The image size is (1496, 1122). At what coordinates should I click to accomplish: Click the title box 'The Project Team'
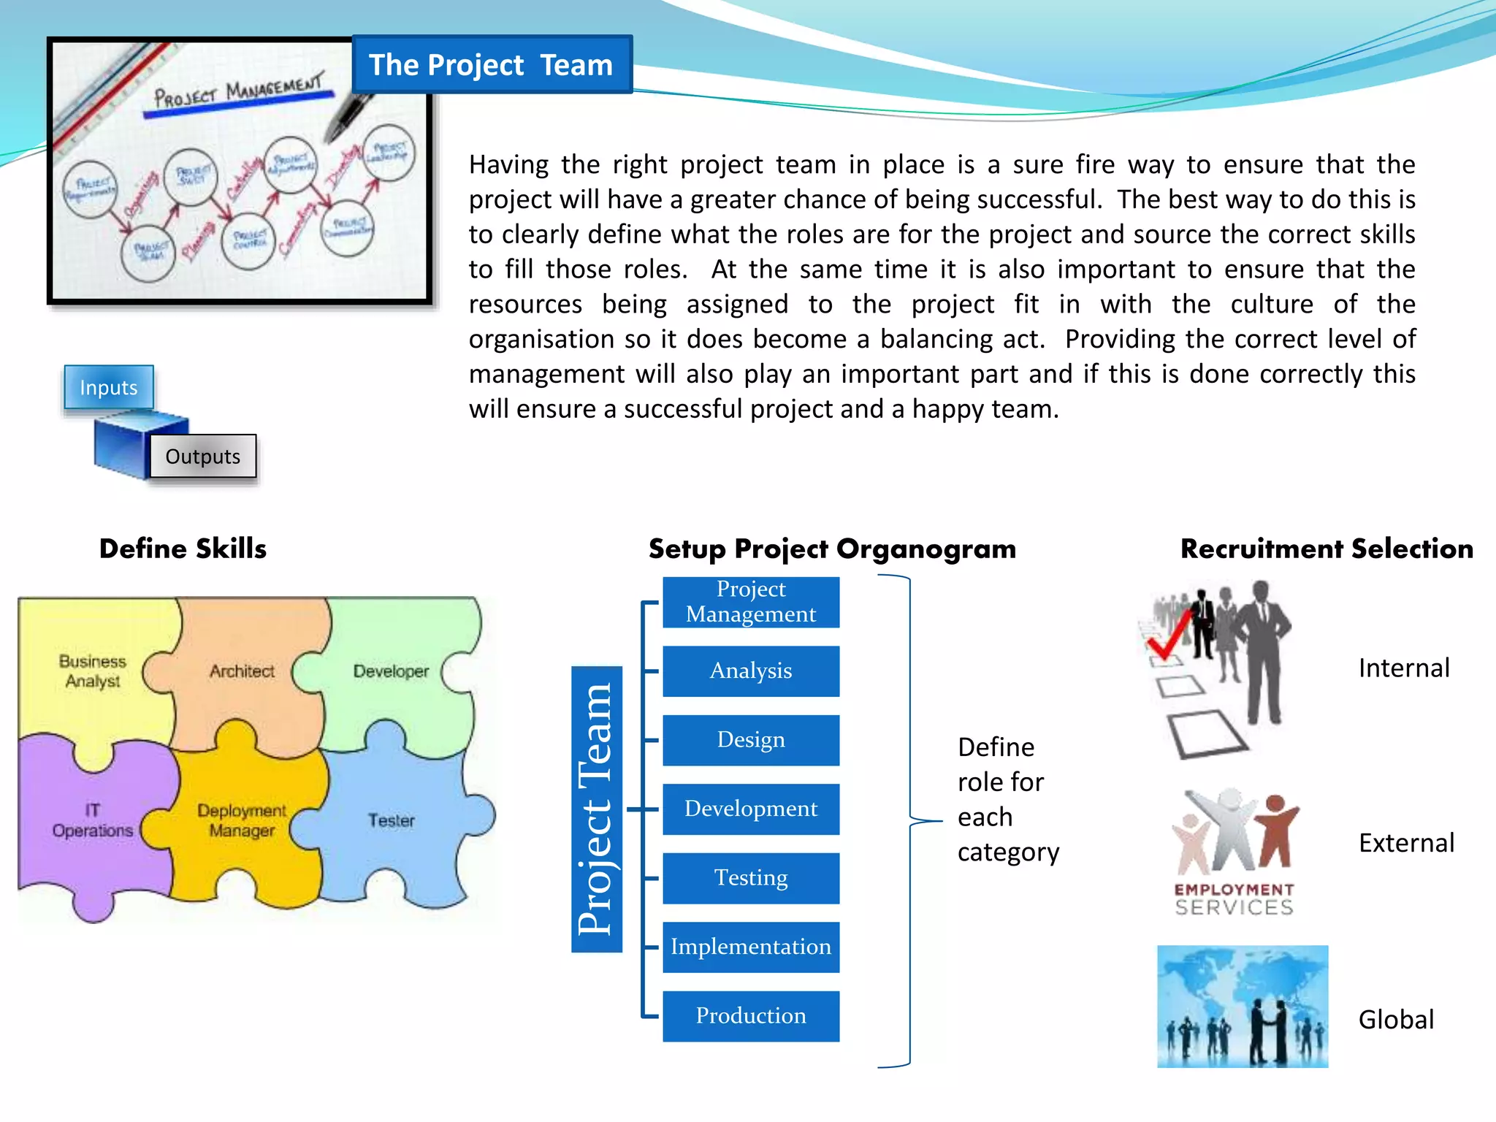(491, 65)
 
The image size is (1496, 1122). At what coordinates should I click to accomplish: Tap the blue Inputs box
(109, 387)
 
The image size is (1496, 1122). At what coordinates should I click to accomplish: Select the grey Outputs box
(203, 457)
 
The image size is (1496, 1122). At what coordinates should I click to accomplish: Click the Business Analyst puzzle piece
(92, 671)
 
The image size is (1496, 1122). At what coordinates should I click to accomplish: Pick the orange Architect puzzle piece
(242, 671)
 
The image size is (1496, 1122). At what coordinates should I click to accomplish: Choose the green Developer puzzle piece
(391, 671)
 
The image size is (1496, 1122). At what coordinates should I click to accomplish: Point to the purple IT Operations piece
(92, 820)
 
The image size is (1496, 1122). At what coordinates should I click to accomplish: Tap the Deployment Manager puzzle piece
(242, 820)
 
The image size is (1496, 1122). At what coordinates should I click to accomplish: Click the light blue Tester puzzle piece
(391, 820)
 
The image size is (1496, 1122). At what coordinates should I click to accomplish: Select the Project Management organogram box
(751, 602)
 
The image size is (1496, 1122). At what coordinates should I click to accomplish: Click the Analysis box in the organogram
(751, 671)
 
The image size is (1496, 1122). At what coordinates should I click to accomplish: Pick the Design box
(751, 740)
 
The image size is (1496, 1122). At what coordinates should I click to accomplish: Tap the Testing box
(751, 878)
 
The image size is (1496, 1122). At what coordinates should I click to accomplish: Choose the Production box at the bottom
(751, 1016)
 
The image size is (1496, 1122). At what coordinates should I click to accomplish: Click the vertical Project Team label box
(597, 809)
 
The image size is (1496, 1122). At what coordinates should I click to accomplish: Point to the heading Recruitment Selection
(1327, 549)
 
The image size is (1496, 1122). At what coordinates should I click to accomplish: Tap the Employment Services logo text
(1234, 899)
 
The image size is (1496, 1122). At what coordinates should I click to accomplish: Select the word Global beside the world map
(1396, 1020)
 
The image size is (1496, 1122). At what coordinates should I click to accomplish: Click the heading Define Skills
(183, 549)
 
